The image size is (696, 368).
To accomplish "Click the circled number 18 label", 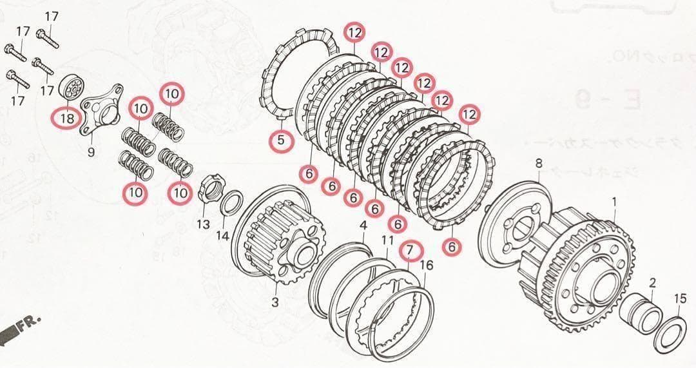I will coord(67,119).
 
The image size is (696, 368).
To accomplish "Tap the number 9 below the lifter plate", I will coord(91,152).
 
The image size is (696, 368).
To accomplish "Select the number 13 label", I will coord(203,224).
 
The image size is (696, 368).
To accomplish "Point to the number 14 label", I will coord(222,235).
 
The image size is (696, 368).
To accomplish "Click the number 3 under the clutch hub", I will coord(275,302).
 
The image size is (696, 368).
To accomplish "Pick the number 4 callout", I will coord(363,225).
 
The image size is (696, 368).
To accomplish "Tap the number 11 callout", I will coord(387,240).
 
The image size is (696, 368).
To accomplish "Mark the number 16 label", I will coord(426,265).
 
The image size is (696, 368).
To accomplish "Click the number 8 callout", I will coord(539,163).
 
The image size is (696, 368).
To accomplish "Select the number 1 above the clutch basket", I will coord(614,202).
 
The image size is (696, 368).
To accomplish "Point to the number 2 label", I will coord(652,282).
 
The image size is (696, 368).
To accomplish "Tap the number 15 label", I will coord(681,298).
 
